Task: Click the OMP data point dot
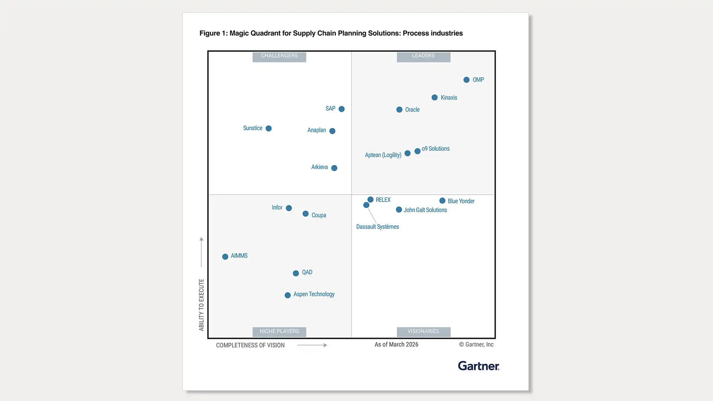coord(466,80)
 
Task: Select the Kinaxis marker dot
coord(434,98)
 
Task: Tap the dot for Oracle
coord(399,110)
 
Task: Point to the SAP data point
coord(342,109)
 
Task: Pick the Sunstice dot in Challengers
coord(268,128)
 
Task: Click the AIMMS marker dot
coord(225,257)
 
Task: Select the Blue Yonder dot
coord(442,201)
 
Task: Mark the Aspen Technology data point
coord(287,296)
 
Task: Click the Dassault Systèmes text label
coord(377,227)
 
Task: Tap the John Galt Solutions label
coord(425,210)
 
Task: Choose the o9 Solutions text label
coord(436,149)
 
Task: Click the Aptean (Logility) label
coord(383,155)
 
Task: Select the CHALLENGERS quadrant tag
coord(279,56)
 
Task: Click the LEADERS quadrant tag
coord(423,56)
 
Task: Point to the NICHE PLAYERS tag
coord(279,331)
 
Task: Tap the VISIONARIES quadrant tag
coord(423,331)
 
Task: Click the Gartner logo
coord(478,366)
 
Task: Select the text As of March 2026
coord(396,345)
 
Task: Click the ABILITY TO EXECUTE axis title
coord(201,305)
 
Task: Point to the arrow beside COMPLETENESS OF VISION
coord(312,345)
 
